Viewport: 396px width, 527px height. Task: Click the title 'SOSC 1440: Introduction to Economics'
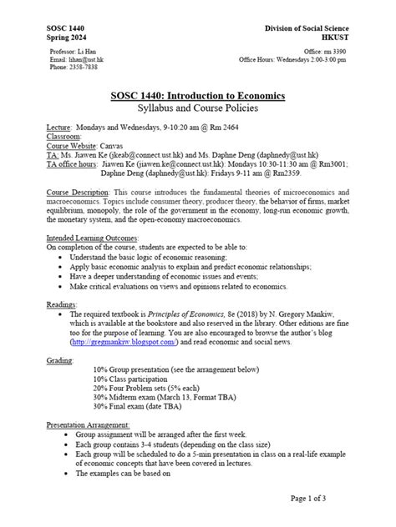tap(198, 97)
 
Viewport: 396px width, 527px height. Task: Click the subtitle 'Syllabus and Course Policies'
tap(198, 109)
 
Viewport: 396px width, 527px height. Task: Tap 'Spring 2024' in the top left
tap(69, 38)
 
